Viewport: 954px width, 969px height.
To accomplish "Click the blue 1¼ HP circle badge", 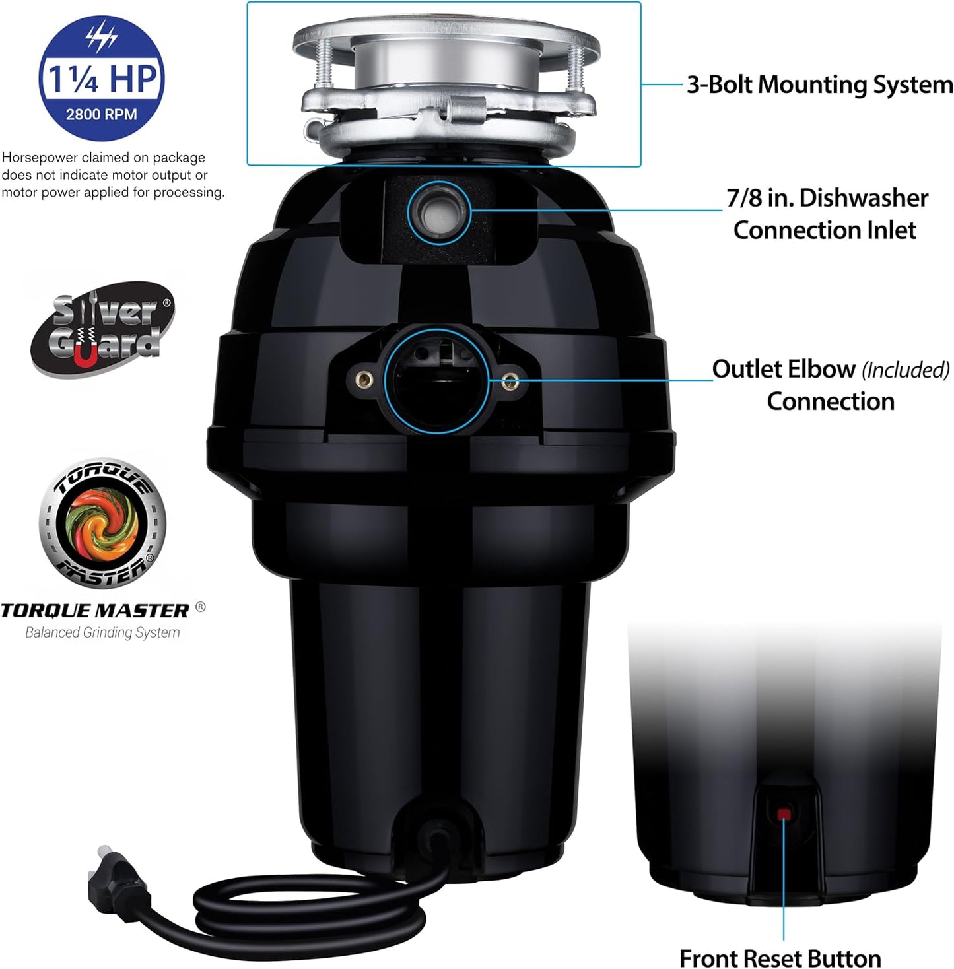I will [101, 79].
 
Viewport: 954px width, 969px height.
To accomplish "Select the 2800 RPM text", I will [101, 114].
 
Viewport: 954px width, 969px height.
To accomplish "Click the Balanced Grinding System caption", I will [102, 632].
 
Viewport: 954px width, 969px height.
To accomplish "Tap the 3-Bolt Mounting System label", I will [819, 84].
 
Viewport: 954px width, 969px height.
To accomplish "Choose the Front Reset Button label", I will [780, 957].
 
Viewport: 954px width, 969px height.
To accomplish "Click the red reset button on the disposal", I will [784, 813].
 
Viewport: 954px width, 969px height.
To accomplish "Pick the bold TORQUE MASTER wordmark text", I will [95, 611].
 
